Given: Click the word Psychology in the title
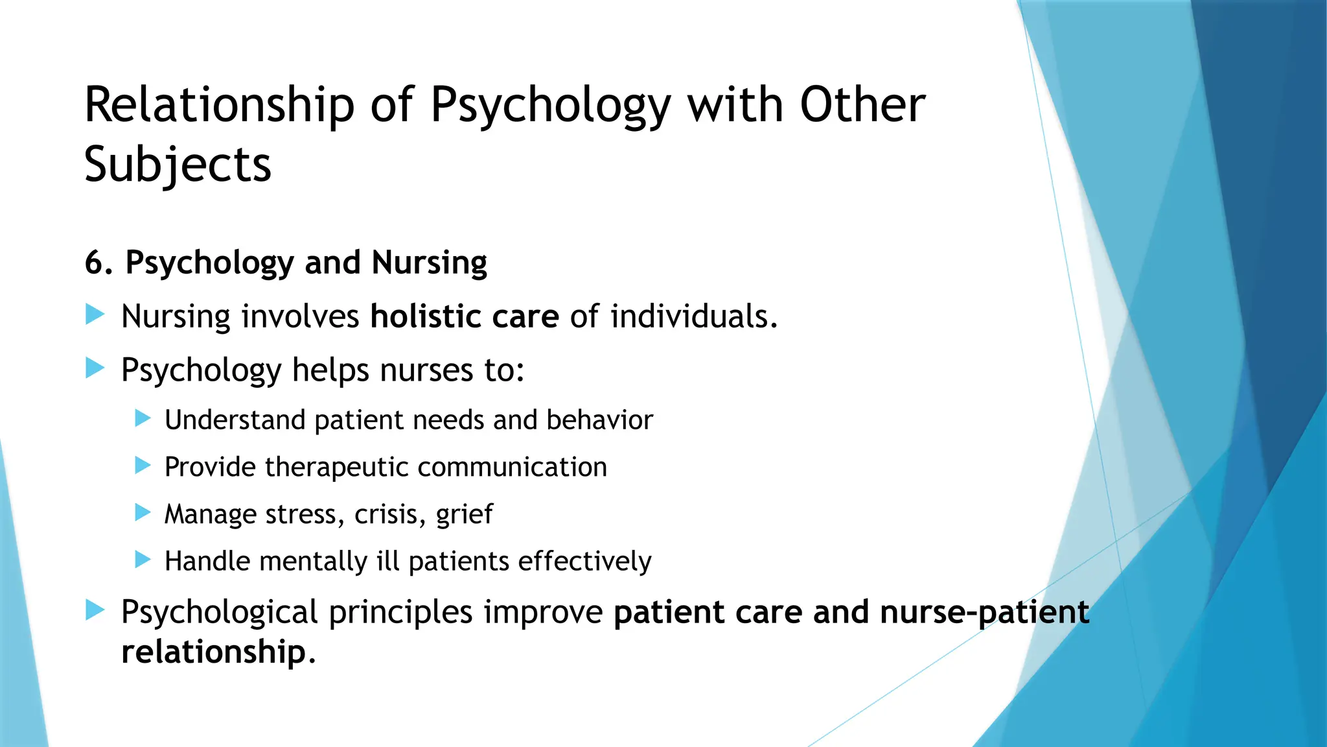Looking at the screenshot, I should [551, 106].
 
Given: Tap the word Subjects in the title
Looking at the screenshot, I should [178, 165].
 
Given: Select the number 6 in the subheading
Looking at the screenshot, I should [95, 263].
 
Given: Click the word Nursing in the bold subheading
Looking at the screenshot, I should [429, 263].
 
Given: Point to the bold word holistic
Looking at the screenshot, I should [426, 316].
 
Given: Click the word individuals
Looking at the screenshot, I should [693, 316].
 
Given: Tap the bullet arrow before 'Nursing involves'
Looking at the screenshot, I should [95, 316].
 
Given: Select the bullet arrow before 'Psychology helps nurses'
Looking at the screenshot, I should [95, 369].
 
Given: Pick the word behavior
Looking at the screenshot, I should [599, 420].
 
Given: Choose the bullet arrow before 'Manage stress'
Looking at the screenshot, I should [143, 513].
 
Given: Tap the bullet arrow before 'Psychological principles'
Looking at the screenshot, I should [95, 610].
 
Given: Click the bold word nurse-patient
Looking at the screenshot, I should [984, 612].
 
